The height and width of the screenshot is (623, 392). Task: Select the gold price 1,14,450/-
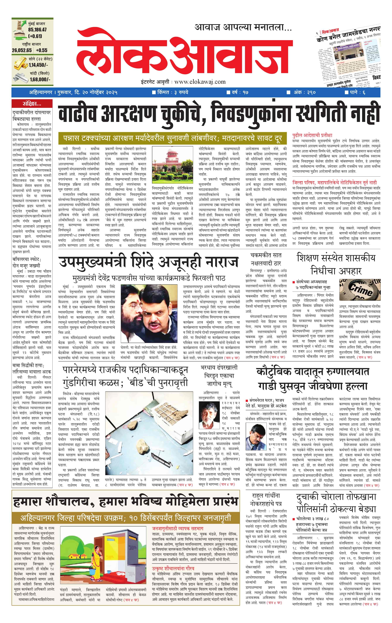38,65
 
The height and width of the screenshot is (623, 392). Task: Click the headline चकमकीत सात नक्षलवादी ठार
266,259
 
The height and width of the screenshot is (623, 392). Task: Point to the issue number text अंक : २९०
304,92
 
